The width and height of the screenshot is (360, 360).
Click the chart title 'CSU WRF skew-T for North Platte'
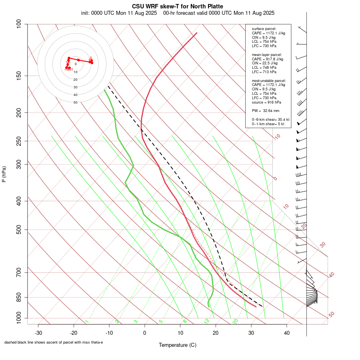(x=178, y=6)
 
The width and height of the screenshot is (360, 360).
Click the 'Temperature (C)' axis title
(x=178, y=345)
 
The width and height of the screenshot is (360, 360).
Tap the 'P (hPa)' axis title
(x=4, y=174)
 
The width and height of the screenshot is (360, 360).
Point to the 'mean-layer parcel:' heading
(x=267, y=54)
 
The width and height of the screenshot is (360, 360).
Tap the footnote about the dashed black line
(x=54, y=342)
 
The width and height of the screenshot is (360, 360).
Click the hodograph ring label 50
(x=75, y=102)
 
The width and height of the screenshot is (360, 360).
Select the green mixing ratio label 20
(x=235, y=321)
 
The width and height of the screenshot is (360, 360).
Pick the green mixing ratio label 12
(x=207, y=321)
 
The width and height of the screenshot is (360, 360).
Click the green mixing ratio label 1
(x=87, y=321)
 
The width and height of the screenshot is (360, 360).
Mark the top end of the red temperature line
(x=197, y=33)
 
